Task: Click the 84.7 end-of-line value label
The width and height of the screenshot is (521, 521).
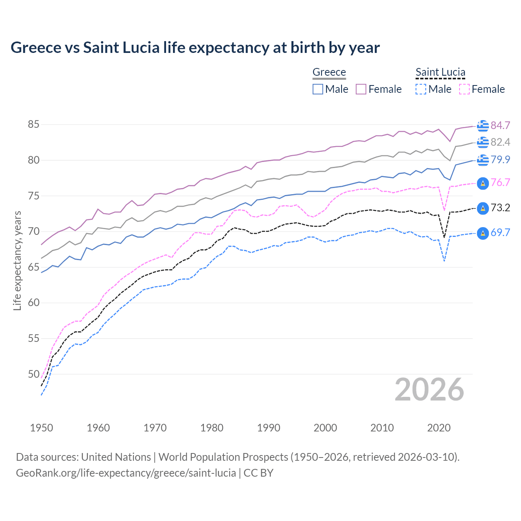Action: [500, 125]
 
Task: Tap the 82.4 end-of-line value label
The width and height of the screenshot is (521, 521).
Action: [500, 142]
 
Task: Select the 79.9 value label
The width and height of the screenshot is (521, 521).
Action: [500, 160]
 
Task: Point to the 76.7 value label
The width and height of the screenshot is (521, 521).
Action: [500, 182]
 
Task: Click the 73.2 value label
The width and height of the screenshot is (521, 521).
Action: [500, 208]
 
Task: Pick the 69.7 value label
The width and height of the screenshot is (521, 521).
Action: [500, 233]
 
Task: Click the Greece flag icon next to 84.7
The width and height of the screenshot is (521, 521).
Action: [483, 126]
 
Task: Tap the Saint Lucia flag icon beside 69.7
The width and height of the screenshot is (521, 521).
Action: [483, 233]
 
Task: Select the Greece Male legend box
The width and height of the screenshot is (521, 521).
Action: [318, 89]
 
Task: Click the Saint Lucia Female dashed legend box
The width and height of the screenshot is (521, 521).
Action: [464, 89]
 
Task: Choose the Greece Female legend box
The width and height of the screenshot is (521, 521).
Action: [361, 89]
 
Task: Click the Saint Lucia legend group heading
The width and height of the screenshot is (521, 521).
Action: [440, 72]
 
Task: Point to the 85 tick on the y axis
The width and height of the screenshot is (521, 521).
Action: [33, 125]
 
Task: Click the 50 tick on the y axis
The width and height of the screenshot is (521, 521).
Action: [33, 374]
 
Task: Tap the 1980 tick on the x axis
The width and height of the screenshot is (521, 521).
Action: [212, 428]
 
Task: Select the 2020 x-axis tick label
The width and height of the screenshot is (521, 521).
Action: [439, 428]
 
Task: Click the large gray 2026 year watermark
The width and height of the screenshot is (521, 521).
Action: [429, 390]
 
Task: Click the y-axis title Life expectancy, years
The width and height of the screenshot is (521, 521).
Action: [17, 260]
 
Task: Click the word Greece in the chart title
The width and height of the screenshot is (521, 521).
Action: [36, 48]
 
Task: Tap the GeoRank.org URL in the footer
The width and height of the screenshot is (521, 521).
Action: [126, 473]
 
